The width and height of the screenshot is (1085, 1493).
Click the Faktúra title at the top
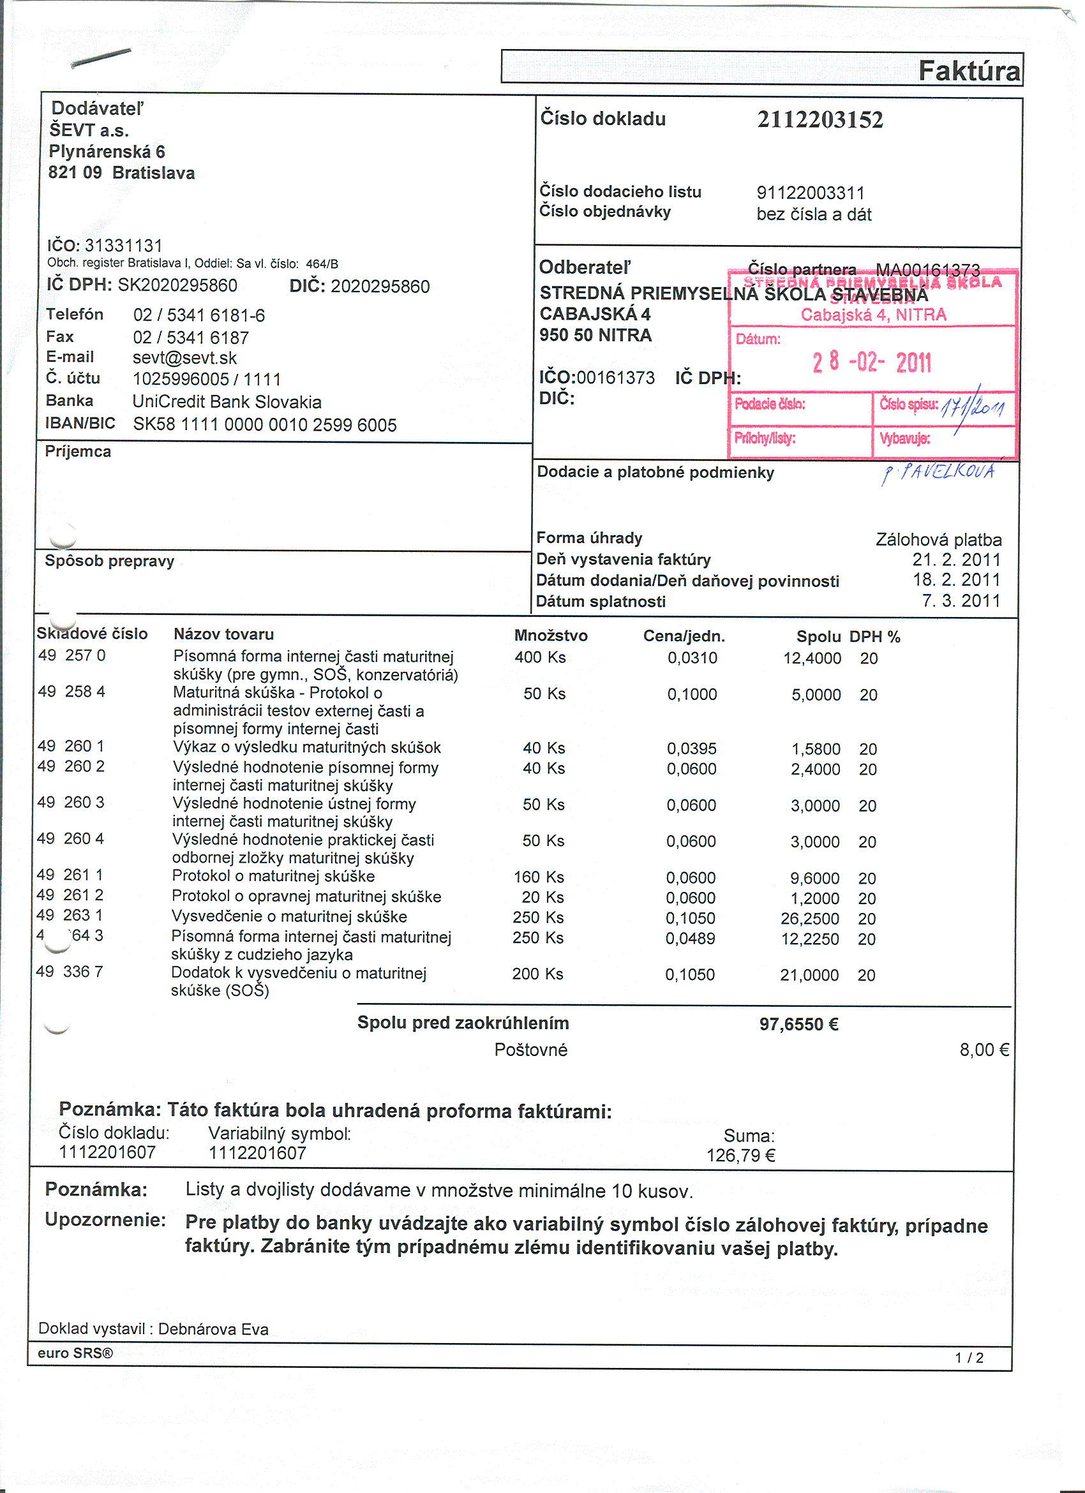[969, 70]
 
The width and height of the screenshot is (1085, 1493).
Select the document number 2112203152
[819, 120]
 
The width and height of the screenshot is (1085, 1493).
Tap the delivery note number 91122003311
[811, 193]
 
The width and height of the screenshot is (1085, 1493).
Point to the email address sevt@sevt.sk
[184, 358]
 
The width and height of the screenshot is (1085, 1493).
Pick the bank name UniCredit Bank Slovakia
[227, 402]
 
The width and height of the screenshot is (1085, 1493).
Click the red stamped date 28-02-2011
[872, 362]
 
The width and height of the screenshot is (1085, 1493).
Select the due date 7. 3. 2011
[961, 601]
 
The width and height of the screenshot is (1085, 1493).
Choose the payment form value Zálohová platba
[938, 540]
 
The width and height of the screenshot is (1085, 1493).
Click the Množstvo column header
[550, 636]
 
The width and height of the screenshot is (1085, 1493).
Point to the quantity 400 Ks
[540, 658]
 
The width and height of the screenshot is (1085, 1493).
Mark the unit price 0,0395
[691, 749]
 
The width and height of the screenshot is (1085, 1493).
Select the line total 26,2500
[810, 919]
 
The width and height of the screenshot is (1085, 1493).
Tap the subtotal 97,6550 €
[798, 1025]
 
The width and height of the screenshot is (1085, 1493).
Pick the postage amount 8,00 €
[984, 1050]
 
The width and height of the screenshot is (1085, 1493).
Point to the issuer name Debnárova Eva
[213, 1330]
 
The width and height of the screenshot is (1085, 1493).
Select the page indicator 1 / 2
[969, 1358]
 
